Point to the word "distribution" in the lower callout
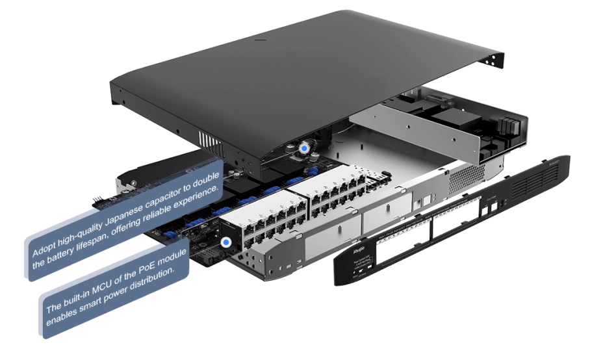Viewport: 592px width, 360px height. pyautogui.click(x=149, y=279)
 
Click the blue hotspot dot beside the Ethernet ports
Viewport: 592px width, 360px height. pyautogui.click(x=225, y=242)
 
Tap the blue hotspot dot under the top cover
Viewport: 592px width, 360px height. pyautogui.click(x=303, y=148)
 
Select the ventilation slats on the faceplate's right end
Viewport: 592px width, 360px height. pyautogui.click(x=543, y=179)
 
